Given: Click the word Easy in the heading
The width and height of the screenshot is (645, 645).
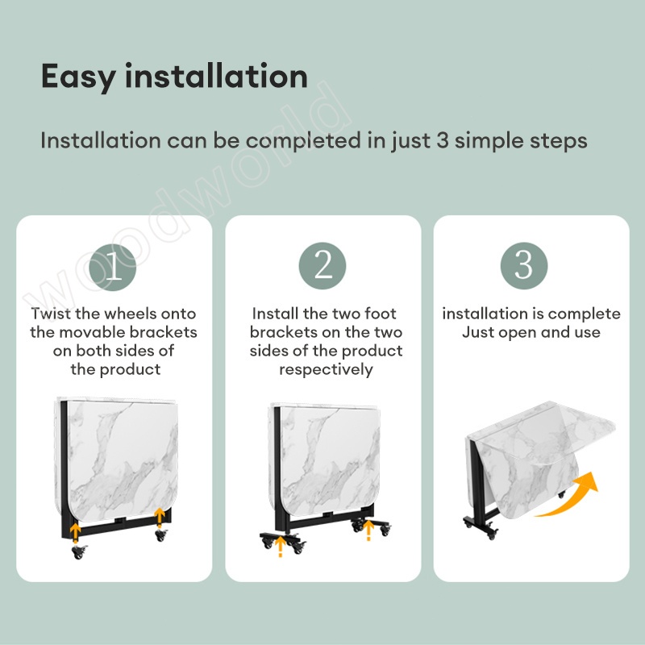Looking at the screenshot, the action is coord(78,77).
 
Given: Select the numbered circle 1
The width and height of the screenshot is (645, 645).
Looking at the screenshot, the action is coord(113,267).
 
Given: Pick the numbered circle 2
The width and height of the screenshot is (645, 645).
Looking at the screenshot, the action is coord(322,266).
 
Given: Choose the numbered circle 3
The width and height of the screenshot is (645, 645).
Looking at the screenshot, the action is coord(523,266).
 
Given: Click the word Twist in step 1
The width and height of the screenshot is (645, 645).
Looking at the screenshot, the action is coord(51,314).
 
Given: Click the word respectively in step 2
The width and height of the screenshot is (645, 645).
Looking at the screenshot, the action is coord(326,370).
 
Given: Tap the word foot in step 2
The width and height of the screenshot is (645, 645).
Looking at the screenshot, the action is coord(381,314).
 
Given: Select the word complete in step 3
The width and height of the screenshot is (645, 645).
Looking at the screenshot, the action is coord(584,314).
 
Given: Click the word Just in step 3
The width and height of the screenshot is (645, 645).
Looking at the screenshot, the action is coord(477,332).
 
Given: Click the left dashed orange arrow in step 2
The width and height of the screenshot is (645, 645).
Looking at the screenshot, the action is coord(281,547).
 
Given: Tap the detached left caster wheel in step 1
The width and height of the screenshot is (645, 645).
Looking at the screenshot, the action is coord(78,551).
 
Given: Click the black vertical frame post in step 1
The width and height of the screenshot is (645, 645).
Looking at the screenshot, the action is coord(64,469).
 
